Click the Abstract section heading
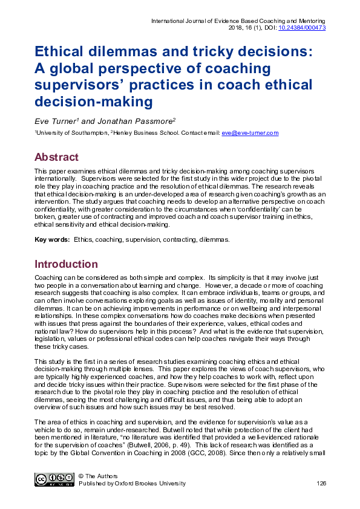57,157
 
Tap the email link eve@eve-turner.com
250,133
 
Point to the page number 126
321,484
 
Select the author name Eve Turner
50,120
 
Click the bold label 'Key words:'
52,240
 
